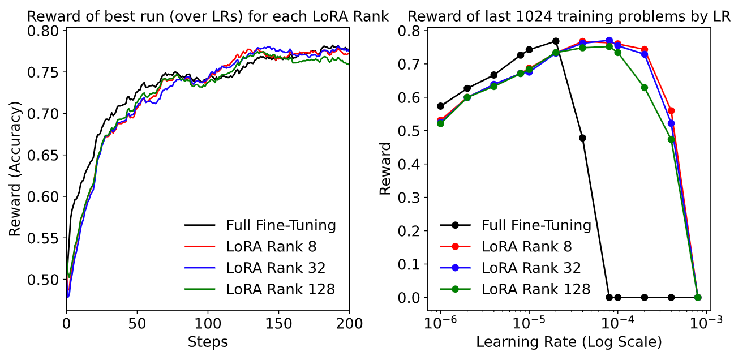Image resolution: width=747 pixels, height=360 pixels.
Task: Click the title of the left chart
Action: [x=208, y=17]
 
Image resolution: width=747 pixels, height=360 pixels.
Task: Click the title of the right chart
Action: [x=569, y=17]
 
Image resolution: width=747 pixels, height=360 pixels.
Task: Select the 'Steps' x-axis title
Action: [x=208, y=342]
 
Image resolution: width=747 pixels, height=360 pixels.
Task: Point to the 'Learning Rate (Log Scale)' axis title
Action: [x=569, y=342]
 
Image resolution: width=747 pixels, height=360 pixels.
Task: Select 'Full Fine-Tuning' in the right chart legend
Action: [x=536, y=225]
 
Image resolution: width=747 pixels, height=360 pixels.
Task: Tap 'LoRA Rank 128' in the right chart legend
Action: [x=536, y=289]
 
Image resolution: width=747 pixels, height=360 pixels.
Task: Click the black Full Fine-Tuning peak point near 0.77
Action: [x=556, y=41]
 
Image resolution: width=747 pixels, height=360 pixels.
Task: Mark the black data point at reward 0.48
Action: [x=582, y=138]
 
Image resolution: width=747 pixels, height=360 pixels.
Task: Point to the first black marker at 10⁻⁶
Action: [x=440, y=106]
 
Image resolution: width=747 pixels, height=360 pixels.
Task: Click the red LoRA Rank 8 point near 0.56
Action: [x=671, y=111]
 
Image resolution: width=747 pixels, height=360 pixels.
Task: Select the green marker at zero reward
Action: [x=698, y=297]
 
